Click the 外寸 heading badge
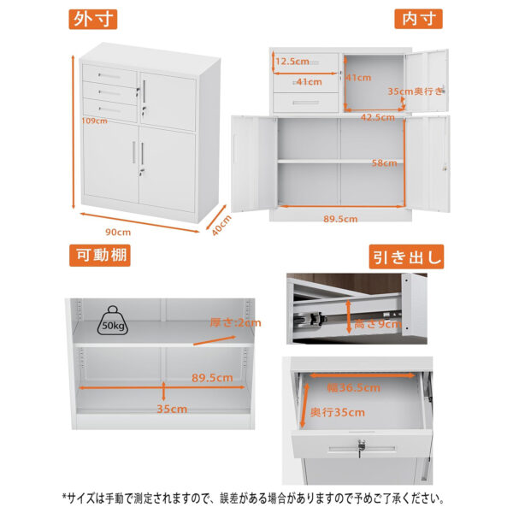[x=93, y=20]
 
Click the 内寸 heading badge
[x=418, y=19]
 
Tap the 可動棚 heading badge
[x=100, y=255]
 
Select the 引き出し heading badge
[x=406, y=256]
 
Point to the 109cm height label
[x=95, y=121]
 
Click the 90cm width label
[x=118, y=233]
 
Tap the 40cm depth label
[x=221, y=226]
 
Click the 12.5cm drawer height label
[x=292, y=62]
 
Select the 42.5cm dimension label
[x=378, y=117]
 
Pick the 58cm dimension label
[x=384, y=163]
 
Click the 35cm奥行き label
[x=416, y=91]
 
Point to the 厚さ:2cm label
[x=235, y=323]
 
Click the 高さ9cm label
[x=378, y=324]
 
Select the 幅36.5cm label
[x=354, y=387]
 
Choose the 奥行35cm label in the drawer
[x=338, y=412]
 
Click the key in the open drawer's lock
[x=361, y=447]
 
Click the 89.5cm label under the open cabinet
[x=340, y=219]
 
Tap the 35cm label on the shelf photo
[x=172, y=409]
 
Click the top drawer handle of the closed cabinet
[x=109, y=77]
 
